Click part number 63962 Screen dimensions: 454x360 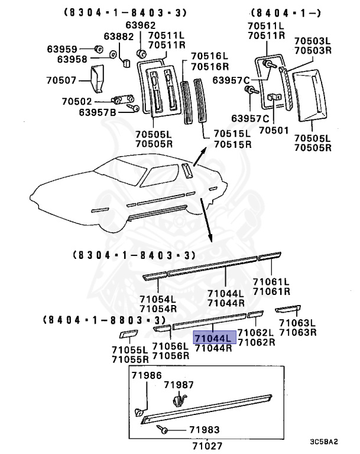141,25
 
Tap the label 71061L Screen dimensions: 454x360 271,281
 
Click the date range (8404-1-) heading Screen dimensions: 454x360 278,11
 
